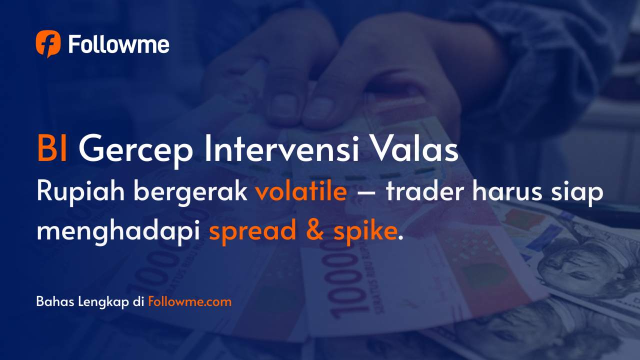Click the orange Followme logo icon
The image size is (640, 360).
[x=48, y=44]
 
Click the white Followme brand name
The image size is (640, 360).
[x=118, y=45]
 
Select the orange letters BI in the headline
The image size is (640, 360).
[x=52, y=149]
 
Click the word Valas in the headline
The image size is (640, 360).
[x=412, y=149]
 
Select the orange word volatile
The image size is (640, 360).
[x=301, y=192]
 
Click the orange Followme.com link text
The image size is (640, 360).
[x=190, y=302]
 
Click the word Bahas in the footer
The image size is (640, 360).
[x=55, y=302]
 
